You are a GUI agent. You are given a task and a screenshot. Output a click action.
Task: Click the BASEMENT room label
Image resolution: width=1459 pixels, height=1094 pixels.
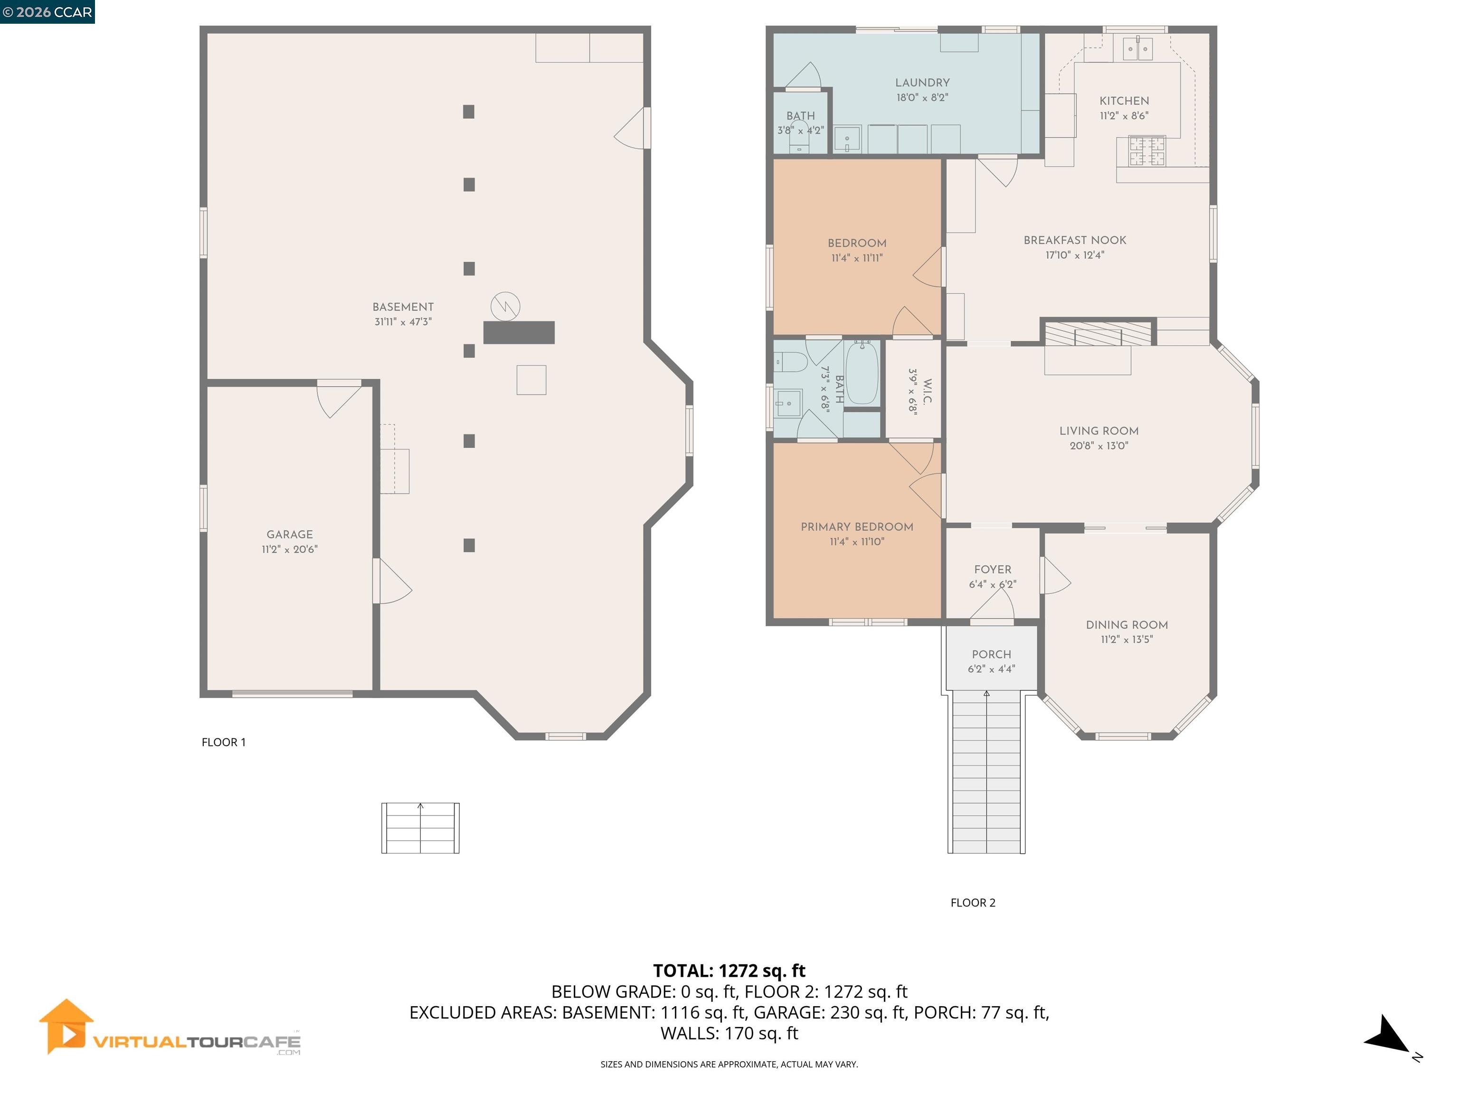403,307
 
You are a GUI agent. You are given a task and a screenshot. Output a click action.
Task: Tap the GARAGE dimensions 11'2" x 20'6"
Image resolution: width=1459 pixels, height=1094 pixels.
290,549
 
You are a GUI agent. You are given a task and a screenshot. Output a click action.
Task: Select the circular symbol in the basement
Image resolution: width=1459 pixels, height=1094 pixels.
505,306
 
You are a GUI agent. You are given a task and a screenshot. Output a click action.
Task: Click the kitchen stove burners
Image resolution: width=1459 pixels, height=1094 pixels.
1147,151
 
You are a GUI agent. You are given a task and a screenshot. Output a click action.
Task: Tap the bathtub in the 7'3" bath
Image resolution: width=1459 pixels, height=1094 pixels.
862,373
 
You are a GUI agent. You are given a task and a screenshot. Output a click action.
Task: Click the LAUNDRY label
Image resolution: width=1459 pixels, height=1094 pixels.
922,83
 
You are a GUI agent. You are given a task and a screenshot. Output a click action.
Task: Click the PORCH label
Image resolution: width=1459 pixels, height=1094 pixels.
991,654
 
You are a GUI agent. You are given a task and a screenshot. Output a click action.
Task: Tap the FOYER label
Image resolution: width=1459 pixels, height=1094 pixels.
992,570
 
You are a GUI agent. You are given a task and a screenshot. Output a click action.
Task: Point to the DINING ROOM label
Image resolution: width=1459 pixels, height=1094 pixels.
1127,624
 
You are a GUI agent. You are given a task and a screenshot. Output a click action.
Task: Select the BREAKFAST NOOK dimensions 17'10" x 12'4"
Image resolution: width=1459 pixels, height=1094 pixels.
1074,255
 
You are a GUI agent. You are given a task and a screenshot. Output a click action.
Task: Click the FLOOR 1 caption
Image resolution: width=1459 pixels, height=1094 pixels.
224,742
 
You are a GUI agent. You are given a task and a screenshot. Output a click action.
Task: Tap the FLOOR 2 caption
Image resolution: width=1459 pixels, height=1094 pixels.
972,903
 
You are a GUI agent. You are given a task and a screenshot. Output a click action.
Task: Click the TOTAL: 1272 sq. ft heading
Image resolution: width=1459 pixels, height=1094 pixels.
729,971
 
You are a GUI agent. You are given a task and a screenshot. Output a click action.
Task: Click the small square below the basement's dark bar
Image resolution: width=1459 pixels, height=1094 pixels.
531,380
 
